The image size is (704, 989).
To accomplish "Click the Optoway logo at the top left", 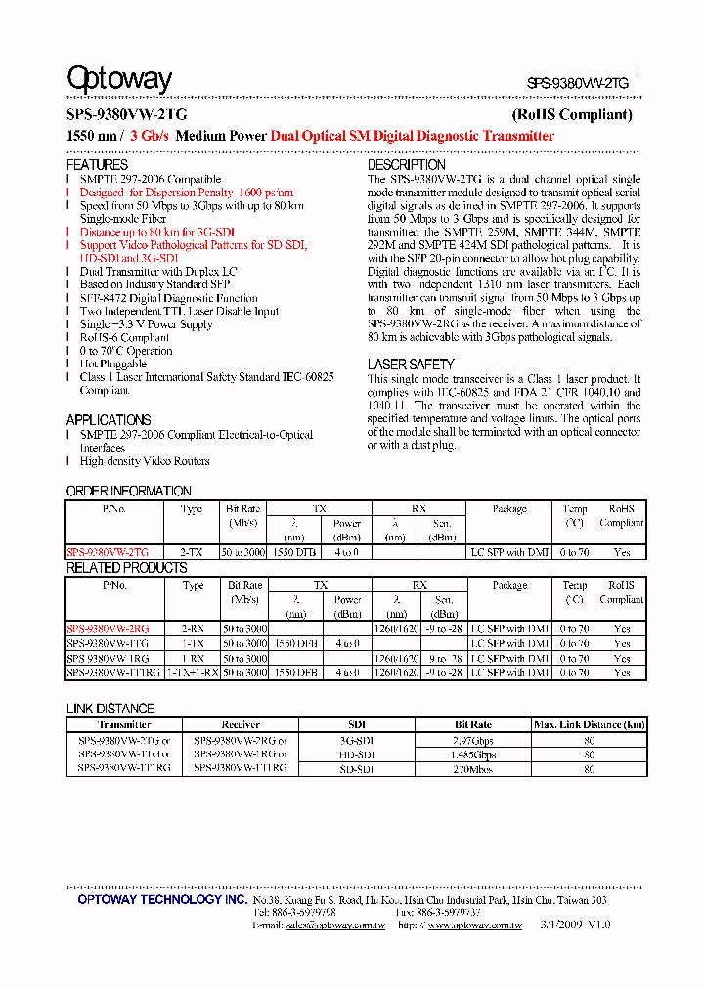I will [118, 78].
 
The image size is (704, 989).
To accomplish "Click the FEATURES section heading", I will [97, 165].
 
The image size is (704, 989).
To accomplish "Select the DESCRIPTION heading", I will [407, 165].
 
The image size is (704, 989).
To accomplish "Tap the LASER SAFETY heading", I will [411, 365].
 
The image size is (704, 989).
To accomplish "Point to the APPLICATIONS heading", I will [109, 420].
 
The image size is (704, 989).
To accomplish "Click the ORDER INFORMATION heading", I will [128, 491].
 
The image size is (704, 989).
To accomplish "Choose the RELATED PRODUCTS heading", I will [126, 568].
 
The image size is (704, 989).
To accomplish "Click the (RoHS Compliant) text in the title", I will [572, 114].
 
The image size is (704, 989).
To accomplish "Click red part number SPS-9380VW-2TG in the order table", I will [108, 552].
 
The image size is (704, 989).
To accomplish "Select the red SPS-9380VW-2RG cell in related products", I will [108, 629].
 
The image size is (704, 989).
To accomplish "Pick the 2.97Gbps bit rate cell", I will [474, 741].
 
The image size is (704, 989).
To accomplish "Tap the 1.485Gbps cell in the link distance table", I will [474, 754].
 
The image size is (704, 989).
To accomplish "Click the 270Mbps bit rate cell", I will [474, 769].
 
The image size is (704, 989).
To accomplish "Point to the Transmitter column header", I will [124, 725].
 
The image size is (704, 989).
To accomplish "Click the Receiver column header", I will [241, 725].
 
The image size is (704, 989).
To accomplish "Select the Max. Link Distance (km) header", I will [589, 725].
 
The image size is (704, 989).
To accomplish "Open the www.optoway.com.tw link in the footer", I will [474, 924].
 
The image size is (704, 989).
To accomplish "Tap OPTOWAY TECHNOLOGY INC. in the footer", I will [162, 899].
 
